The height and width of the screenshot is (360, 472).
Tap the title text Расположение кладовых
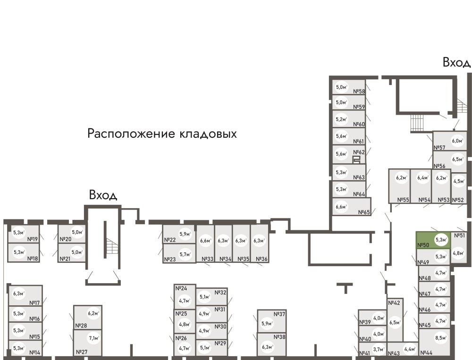click(162, 134)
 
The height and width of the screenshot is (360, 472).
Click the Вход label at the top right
click(456, 62)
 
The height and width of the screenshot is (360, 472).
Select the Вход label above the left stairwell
click(103, 195)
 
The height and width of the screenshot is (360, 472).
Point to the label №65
click(364, 212)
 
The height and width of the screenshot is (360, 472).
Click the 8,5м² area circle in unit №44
click(441, 338)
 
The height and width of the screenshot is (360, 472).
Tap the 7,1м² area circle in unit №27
click(93, 338)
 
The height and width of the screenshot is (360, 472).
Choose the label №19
click(33, 232)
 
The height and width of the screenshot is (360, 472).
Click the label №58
click(360, 92)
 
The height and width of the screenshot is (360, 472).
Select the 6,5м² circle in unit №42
click(395, 323)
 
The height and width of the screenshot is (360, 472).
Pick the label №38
click(279, 337)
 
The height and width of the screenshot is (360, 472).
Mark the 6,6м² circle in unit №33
click(205, 241)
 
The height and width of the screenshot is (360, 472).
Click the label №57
click(440, 148)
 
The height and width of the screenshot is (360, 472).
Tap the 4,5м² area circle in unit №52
click(458, 181)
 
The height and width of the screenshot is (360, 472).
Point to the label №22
click(170, 240)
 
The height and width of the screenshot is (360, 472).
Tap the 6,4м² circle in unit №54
click(422, 178)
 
